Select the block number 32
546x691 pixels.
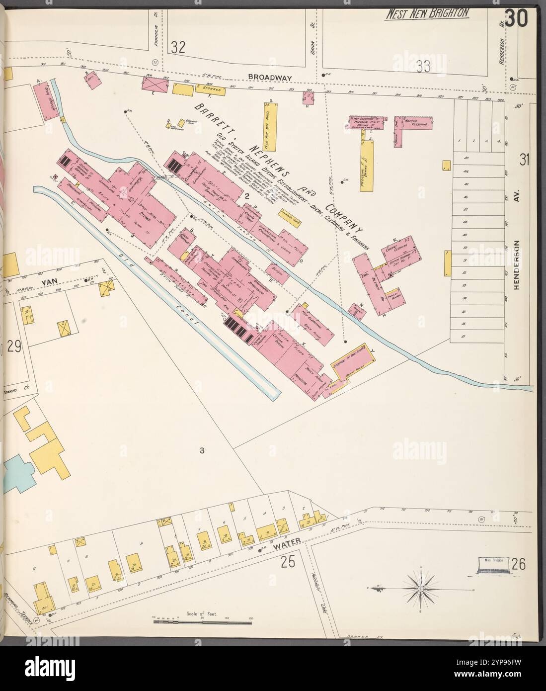178,48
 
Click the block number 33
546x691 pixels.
423,66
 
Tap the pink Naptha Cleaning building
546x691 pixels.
413,124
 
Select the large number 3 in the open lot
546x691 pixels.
202,451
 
